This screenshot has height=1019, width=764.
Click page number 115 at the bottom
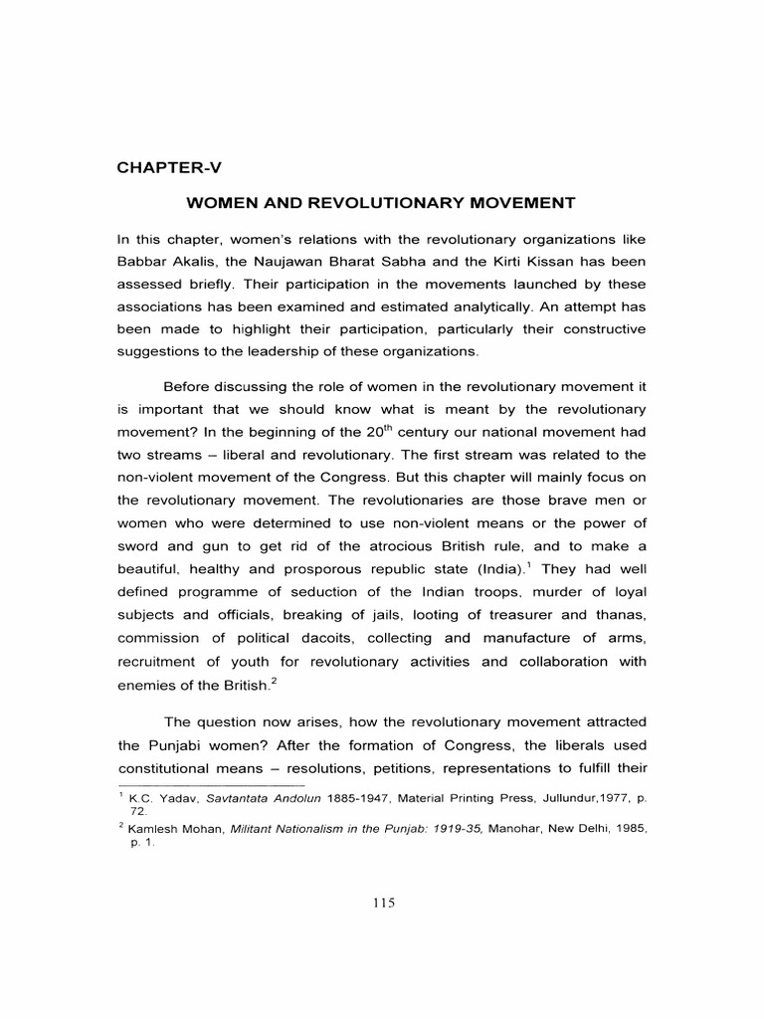tap(383, 904)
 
